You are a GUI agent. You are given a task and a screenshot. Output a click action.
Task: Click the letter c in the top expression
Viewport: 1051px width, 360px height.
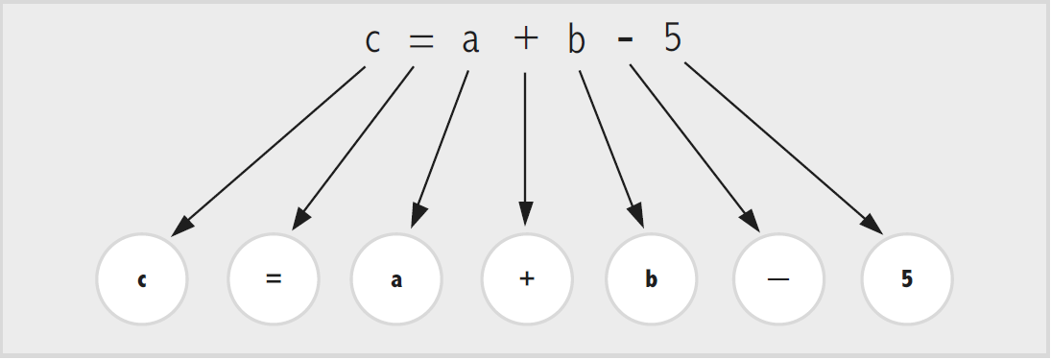[x=372, y=41]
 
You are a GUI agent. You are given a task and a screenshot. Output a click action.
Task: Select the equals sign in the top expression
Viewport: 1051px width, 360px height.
[x=421, y=41]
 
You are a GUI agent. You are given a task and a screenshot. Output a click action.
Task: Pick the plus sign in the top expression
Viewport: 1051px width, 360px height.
[x=526, y=39]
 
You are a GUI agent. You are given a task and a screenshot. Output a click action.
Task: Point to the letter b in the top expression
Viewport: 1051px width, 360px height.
[x=577, y=39]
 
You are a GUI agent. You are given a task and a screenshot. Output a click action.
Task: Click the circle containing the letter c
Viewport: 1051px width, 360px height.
[x=142, y=279]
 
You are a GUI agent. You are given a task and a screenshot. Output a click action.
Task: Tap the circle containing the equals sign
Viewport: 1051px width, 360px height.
[x=274, y=279]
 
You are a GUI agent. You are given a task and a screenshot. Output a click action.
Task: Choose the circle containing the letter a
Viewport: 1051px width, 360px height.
[x=396, y=279]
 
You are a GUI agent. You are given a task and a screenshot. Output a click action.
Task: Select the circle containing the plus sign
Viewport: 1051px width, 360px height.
[x=527, y=279]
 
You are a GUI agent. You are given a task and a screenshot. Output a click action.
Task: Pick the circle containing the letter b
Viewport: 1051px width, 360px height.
[x=651, y=279]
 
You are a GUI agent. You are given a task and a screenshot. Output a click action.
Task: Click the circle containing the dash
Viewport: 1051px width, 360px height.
[x=778, y=279]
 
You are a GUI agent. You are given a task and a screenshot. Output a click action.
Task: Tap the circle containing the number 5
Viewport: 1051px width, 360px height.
[x=907, y=279]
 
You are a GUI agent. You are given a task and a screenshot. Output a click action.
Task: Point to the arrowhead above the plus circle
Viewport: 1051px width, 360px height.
[x=526, y=214]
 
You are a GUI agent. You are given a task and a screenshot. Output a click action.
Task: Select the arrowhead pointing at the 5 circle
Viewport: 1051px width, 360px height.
[x=872, y=225]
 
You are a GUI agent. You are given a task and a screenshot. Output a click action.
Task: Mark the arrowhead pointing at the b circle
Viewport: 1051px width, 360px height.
[x=636, y=217]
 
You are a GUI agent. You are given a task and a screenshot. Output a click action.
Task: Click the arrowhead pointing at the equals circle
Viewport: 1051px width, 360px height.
[x=300, y=220]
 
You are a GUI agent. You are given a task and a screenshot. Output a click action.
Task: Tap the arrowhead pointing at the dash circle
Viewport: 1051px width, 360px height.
[x=750, y=221]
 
